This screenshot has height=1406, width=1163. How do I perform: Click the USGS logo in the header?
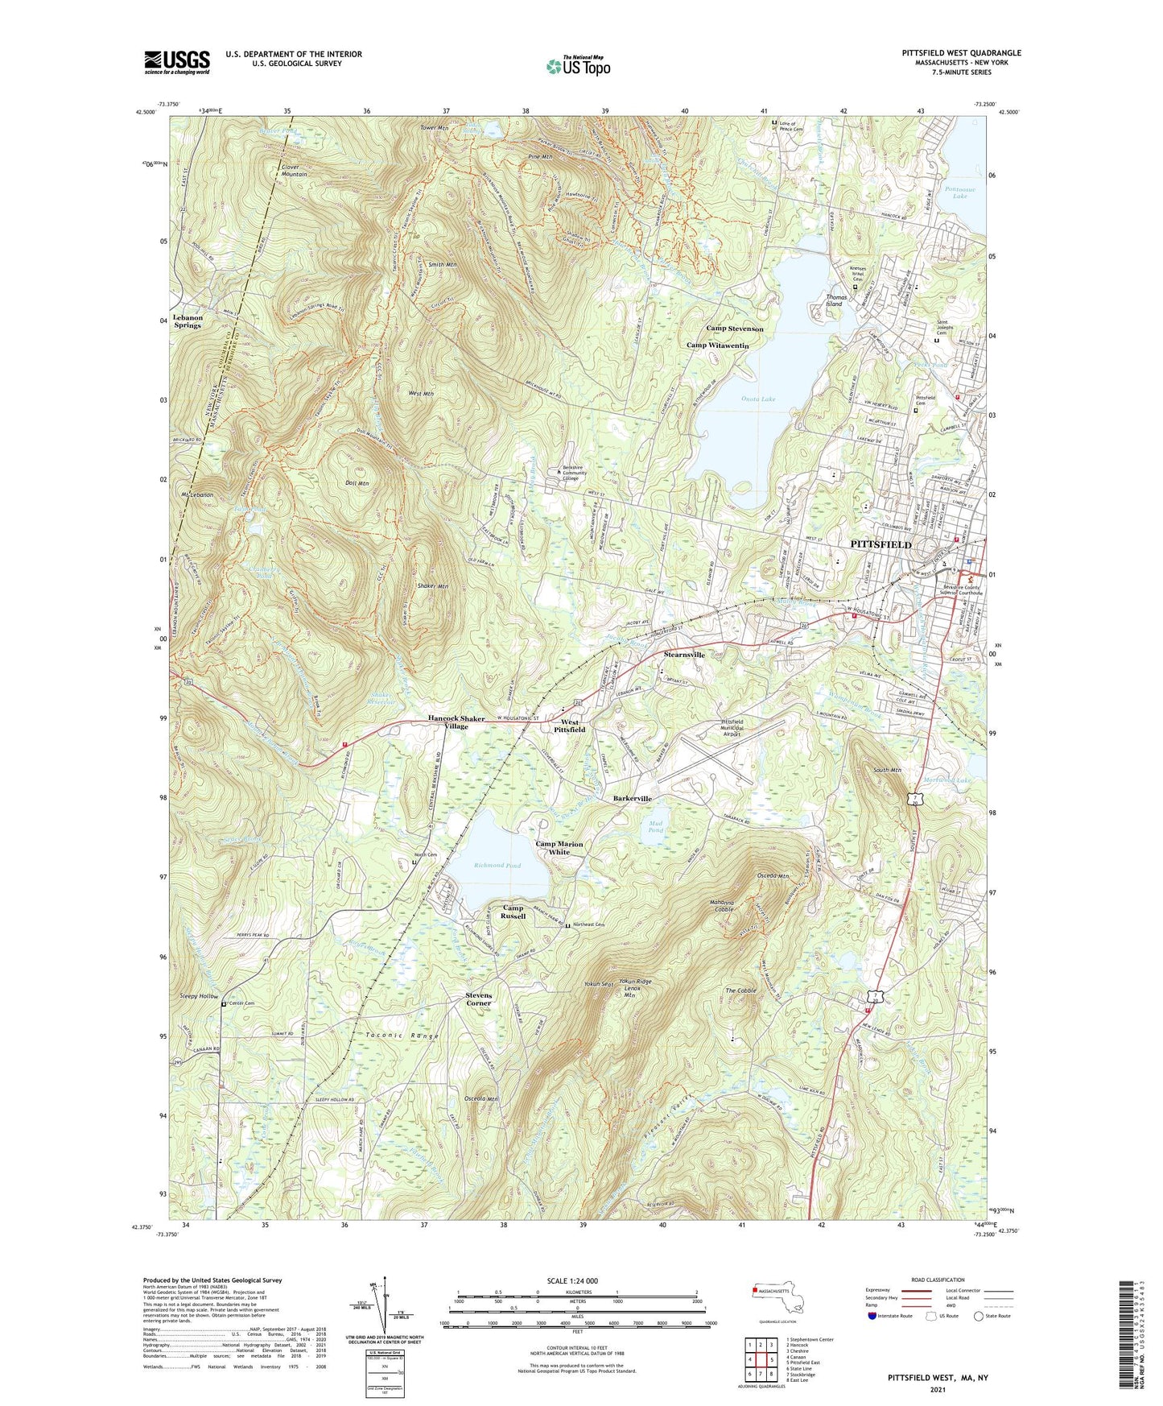coord(177,61)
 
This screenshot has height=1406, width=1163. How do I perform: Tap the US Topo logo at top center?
coord(577,66)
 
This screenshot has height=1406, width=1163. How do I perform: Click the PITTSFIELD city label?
coord(880,544)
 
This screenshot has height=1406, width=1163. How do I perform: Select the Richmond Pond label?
coord(497,866)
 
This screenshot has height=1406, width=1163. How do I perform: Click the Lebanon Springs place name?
coord(188,321)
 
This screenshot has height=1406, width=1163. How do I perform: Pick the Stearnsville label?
coord(683,655)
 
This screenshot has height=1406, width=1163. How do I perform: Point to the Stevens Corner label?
coord(478,999)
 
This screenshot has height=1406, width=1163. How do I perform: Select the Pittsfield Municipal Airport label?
coord(732,726)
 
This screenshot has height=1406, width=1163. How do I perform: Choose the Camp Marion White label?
coord(559,848)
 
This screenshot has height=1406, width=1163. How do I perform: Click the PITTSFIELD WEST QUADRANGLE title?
coord(961,53)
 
